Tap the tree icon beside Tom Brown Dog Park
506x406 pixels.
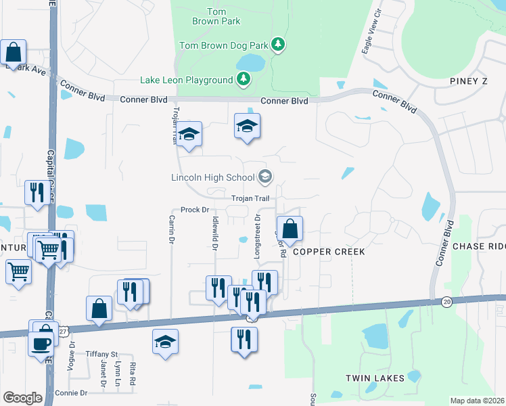277,45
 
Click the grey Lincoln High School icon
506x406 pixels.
264,177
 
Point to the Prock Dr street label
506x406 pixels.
195,210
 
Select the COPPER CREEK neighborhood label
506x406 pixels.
329,252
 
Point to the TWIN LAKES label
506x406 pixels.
375,378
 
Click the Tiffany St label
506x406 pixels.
101,354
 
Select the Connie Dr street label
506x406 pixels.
72,392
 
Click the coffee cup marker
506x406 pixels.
41,342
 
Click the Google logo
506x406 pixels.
23,398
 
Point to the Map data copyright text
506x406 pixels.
477,401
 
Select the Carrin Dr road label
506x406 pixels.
172,230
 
